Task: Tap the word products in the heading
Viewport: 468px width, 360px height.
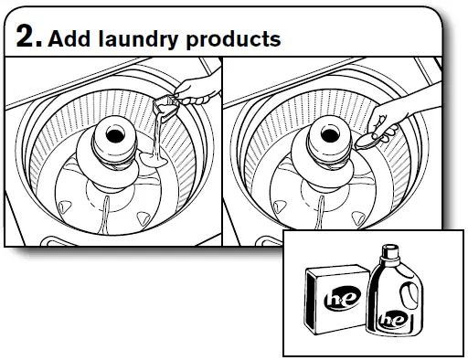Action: coord(235,39)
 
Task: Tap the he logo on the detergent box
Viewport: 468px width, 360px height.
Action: coord(334,301)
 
